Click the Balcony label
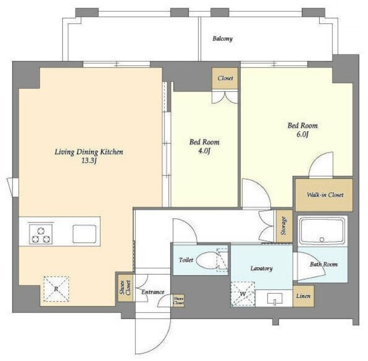222,39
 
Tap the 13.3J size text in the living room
89,161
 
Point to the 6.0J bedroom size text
302,135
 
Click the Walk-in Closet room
324,195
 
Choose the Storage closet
284,226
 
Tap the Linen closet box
303,296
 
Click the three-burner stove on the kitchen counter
41,235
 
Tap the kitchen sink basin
84,234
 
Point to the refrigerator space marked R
56,289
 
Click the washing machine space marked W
243,294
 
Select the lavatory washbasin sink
275,298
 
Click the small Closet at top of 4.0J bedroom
225,79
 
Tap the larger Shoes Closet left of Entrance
125,288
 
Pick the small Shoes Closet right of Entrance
178,300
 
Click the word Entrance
153,292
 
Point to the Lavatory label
261,268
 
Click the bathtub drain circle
322,240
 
